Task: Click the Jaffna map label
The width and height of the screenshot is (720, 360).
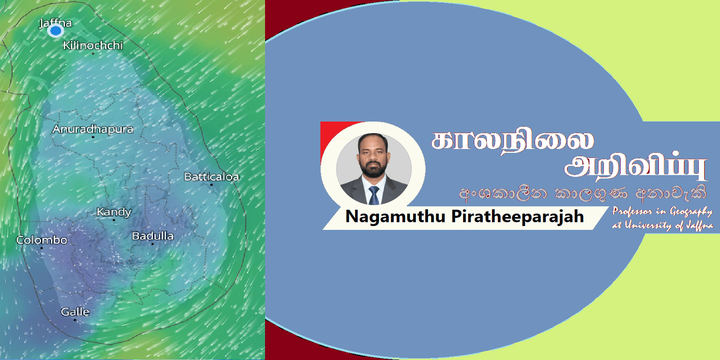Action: [x=55, y=23]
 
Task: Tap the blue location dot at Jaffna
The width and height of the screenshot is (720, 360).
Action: [x=56, y=31]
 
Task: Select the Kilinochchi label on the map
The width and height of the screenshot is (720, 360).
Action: [x=93, y=45]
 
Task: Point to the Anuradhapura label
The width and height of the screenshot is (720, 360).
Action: [x=93, y=129]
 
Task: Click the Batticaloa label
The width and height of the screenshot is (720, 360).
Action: [x=211, y=177]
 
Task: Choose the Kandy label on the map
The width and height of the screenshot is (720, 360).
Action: [x=114, y=212]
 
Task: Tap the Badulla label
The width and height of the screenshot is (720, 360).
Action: [x=153, y=236]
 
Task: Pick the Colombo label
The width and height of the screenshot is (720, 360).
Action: [x=42, y=240]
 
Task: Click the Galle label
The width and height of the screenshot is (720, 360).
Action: [x=75, y=312]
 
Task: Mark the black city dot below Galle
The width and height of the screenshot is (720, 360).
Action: [x=75, y=320]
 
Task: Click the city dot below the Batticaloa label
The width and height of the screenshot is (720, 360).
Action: [x=211, y=184]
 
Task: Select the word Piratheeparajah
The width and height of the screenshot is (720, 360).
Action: [x=517, y=217]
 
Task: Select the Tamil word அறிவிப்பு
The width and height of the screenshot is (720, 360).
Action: [x=636, y=166]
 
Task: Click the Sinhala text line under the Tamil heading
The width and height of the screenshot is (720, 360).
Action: [x=582, y=193]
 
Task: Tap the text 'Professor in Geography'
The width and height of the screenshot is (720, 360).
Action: [x=662, y=211]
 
